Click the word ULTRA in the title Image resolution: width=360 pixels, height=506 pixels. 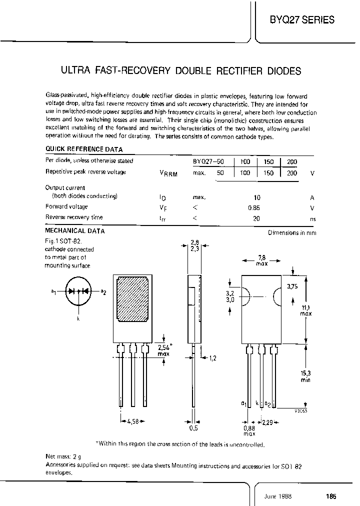point(75,71)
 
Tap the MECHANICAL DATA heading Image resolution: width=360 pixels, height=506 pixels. point(75,231)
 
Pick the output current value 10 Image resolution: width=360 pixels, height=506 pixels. point(256,197)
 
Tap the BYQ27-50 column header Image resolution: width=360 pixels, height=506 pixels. point(208,162)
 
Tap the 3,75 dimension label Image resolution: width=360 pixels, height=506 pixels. point(293,286)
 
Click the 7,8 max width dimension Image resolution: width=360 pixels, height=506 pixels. point(261,260)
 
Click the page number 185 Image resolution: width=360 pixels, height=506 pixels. point(330,496)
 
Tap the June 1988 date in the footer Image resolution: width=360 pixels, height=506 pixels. point(277,496)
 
